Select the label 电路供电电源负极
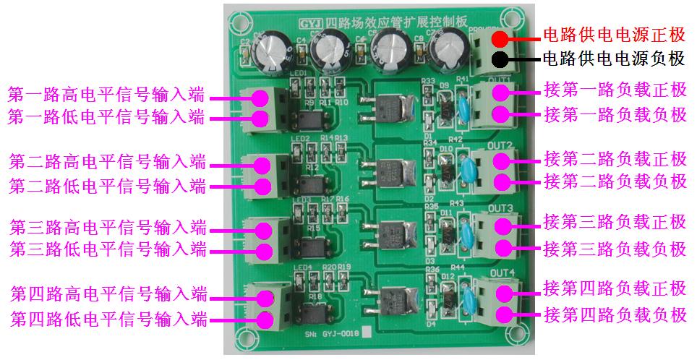[x=613, y=59]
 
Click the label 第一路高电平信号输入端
[x=106, y=95]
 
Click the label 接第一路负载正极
[x=615, y=91]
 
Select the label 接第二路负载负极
[x=615, y=181]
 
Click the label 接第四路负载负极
[x=615, y=315]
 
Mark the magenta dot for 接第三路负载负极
[x=500, y=248]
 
